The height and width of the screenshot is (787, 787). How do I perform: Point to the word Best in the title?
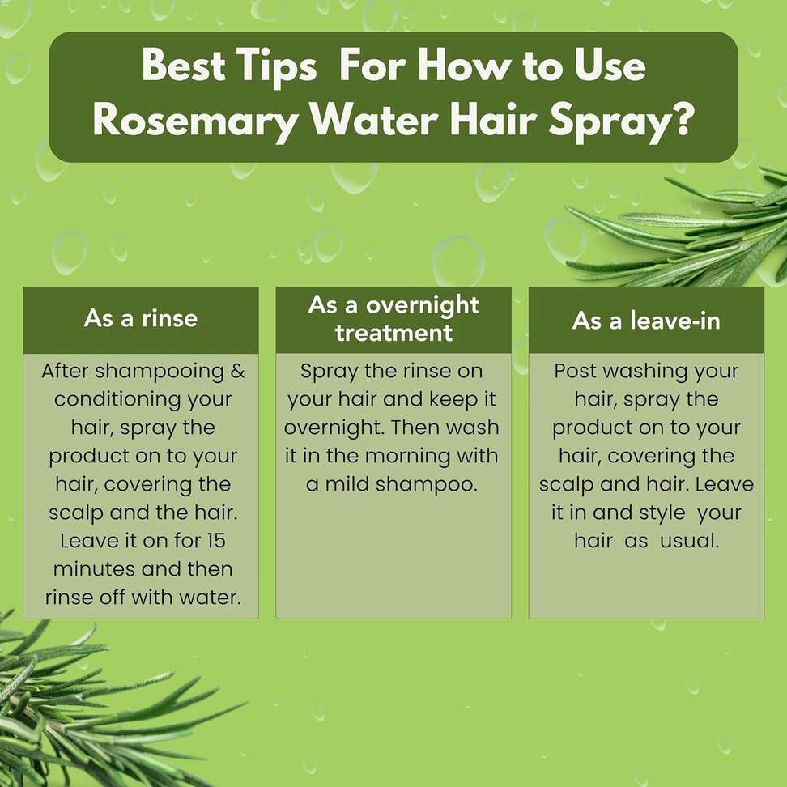pyautogui.click(x=183, y=65)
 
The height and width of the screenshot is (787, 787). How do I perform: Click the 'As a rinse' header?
pyautogui.click(x=141, y=318)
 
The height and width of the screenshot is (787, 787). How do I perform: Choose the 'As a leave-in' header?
pyautogui.click(x=646, y=320)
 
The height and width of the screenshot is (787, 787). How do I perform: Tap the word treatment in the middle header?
pyautogui.click(x=394, y=333)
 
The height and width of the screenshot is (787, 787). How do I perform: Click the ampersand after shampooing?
pyautogui.click(x=237, y=372)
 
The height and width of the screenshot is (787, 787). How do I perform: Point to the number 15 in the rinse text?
pyautogui.click(x=216, y=541)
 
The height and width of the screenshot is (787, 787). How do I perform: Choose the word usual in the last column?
pyautogui.click(x=689, y=541)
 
